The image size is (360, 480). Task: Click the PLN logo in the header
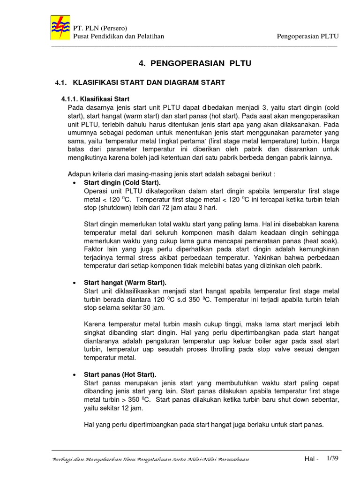(x=60, y=28)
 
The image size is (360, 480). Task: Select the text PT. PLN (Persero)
(x=100, y=28)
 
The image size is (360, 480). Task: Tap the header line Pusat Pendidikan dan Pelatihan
(x=118, y=36)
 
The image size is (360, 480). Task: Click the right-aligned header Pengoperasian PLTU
(x=307, y=36)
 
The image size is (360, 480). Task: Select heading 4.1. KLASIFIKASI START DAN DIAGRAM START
(x=140, y=82)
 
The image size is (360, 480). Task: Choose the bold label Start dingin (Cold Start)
(x=122, y=182)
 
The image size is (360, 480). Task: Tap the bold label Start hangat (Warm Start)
(x=125, y=283)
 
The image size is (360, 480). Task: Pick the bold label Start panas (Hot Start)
(x=120, y=374)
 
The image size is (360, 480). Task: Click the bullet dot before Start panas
(x=75, y=375)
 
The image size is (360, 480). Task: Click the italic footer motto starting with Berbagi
(x=150, y=460)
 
